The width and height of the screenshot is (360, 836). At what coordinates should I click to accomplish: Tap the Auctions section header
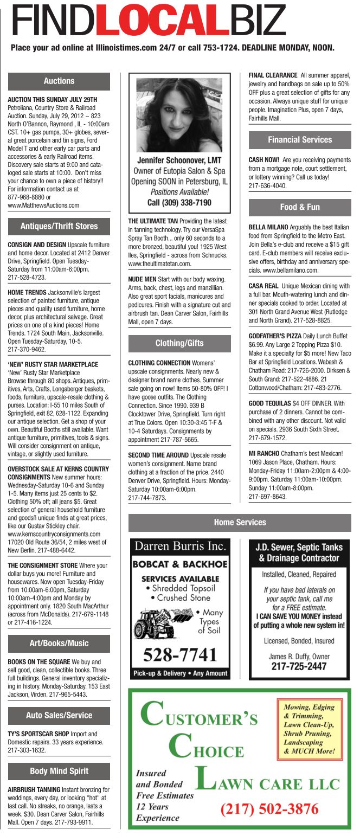59,81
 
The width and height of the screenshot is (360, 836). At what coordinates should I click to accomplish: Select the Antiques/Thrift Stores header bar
59,227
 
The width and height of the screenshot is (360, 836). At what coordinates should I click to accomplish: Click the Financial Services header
300,140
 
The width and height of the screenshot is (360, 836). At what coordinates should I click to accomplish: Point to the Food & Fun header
300,207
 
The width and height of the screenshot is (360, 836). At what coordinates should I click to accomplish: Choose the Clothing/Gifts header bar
179,343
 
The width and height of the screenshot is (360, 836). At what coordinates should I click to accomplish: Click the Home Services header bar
240,523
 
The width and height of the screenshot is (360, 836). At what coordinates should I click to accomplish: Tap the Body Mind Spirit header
59,771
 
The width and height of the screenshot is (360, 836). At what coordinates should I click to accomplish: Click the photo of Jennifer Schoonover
179,114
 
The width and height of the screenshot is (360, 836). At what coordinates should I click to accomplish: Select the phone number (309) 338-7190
179,202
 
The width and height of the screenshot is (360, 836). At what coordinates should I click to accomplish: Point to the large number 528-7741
179,655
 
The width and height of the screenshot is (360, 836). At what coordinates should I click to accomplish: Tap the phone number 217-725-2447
299,666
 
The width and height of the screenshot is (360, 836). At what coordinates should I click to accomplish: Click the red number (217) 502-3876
269,809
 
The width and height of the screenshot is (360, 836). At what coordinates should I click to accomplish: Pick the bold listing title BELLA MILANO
268,227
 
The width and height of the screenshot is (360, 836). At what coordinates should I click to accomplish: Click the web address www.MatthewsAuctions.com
43,205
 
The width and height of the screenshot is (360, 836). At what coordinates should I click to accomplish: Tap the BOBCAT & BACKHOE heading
179,564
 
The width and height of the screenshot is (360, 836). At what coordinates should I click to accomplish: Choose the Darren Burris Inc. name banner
179,545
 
